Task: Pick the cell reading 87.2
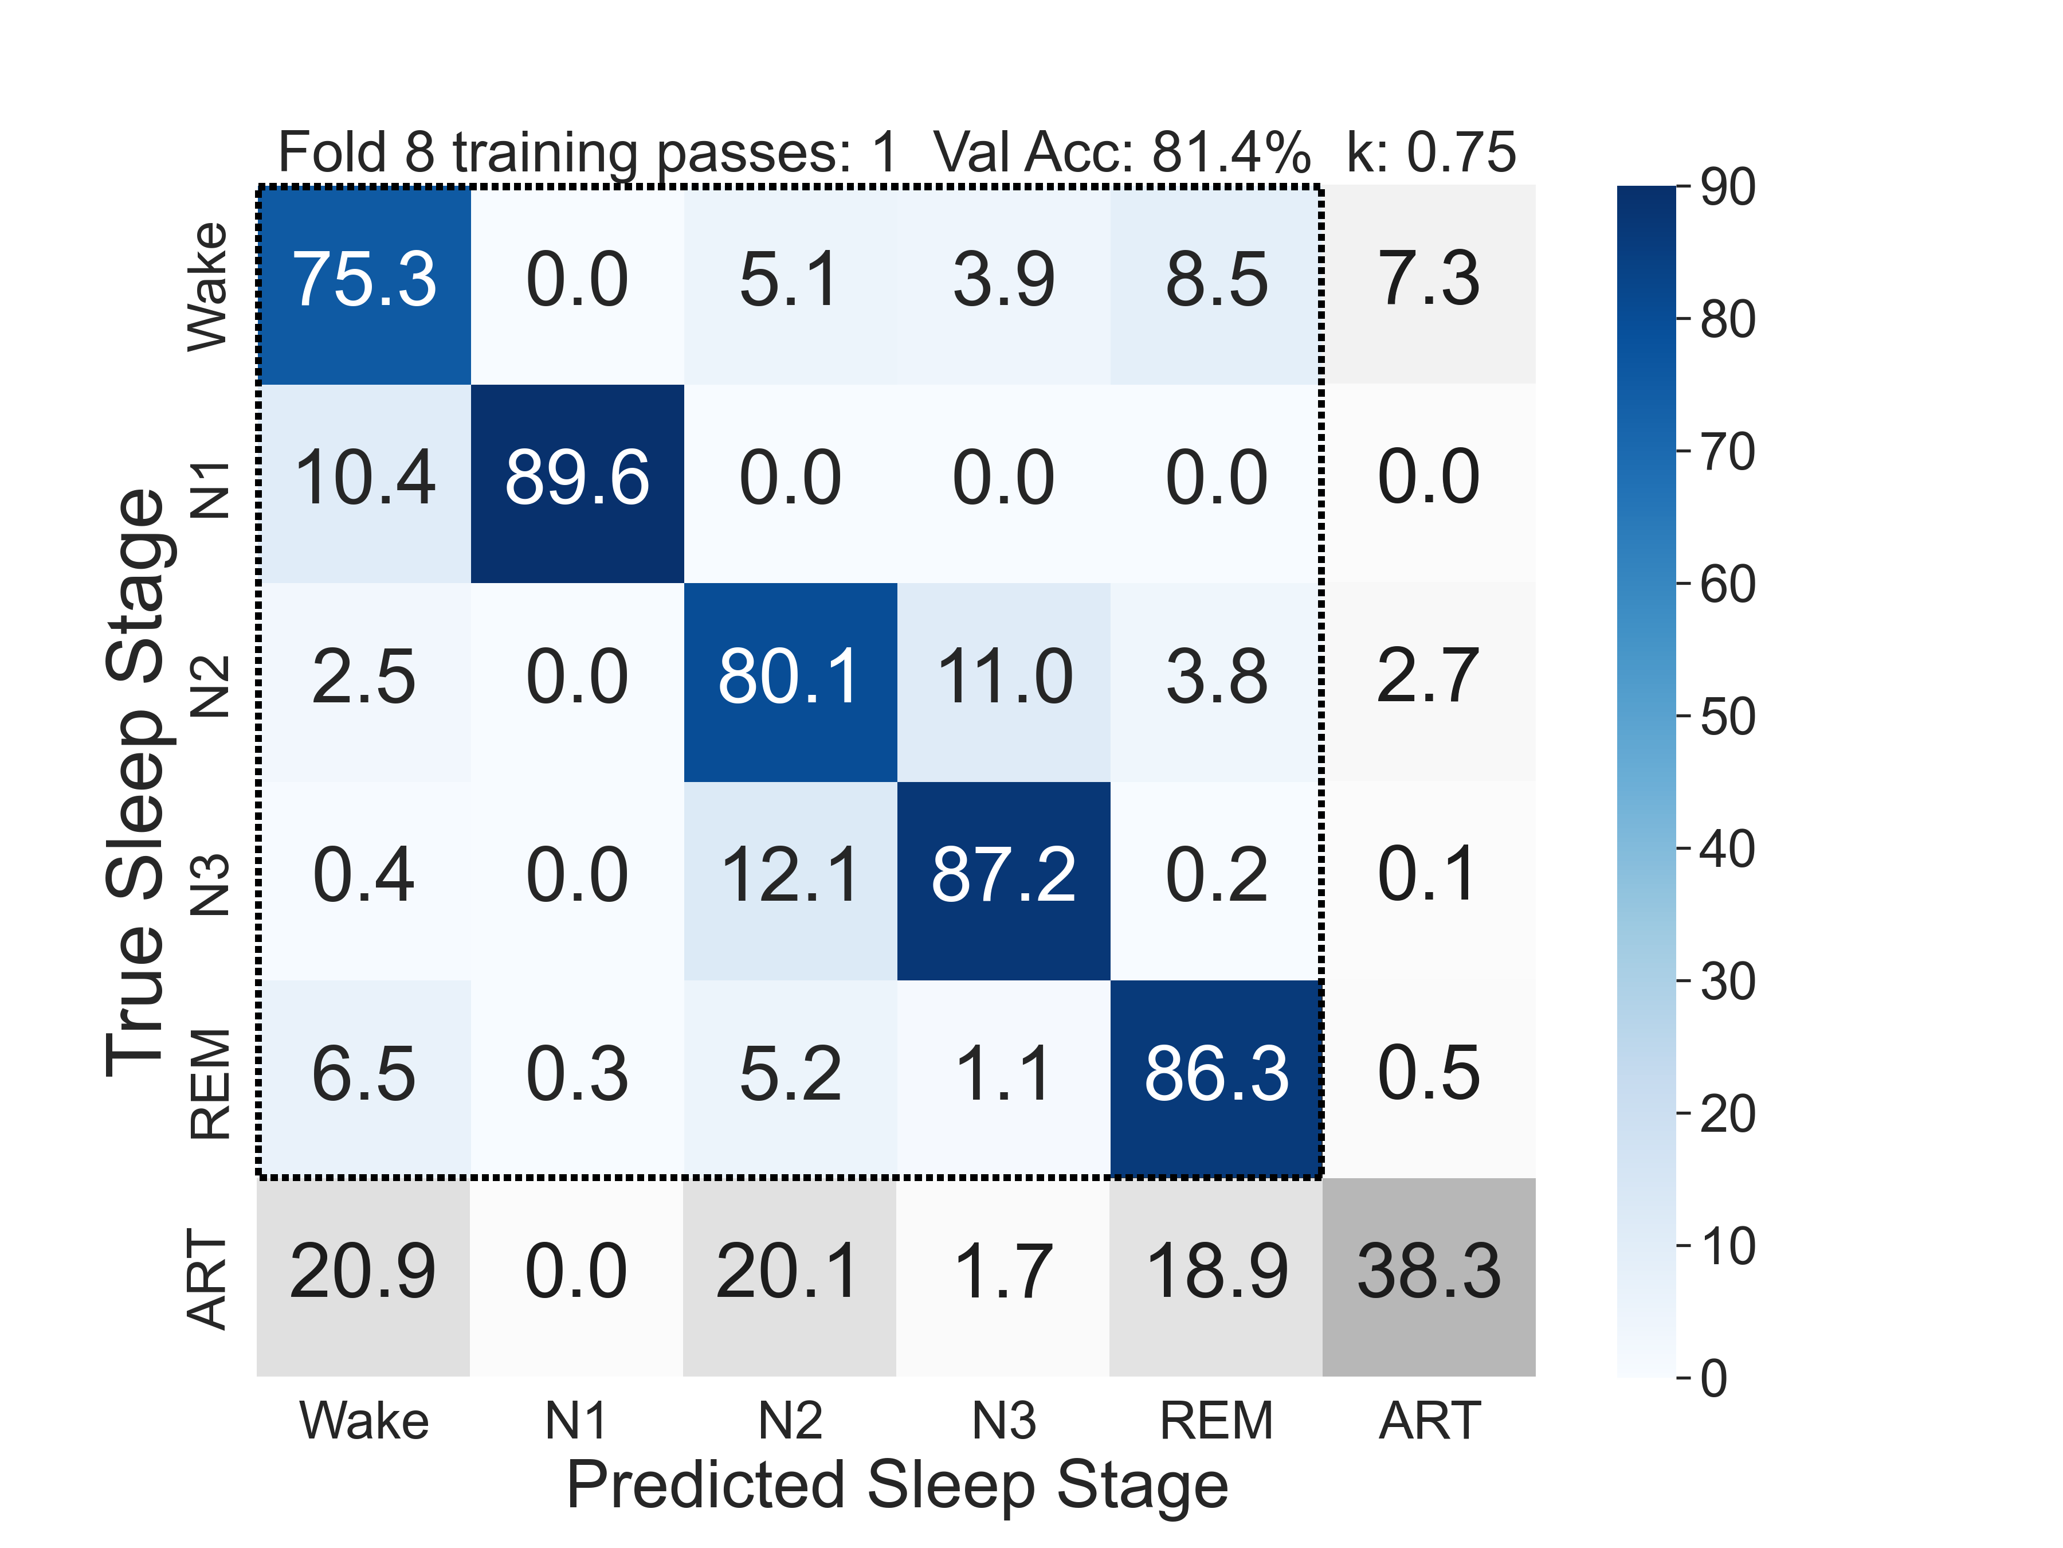pyautogui.click(x=1003, y=875)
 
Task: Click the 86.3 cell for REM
pyautogui.click(x=1216, y=1074)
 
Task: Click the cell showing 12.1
pyautogui.click(x=789, y=875)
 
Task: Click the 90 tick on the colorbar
pyautogui.click(x=1727, y=187)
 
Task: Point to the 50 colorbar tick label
pyautogui.click(x=1727, y=717)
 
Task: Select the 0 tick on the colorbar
pyautogui.click(x=1714, y=1378)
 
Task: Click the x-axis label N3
pyautogui.click(x=1003, y=1421)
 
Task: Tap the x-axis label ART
pyautogui.click(x=1429, y=1421)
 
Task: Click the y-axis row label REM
pyautogui.click(x=210, y=1084)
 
